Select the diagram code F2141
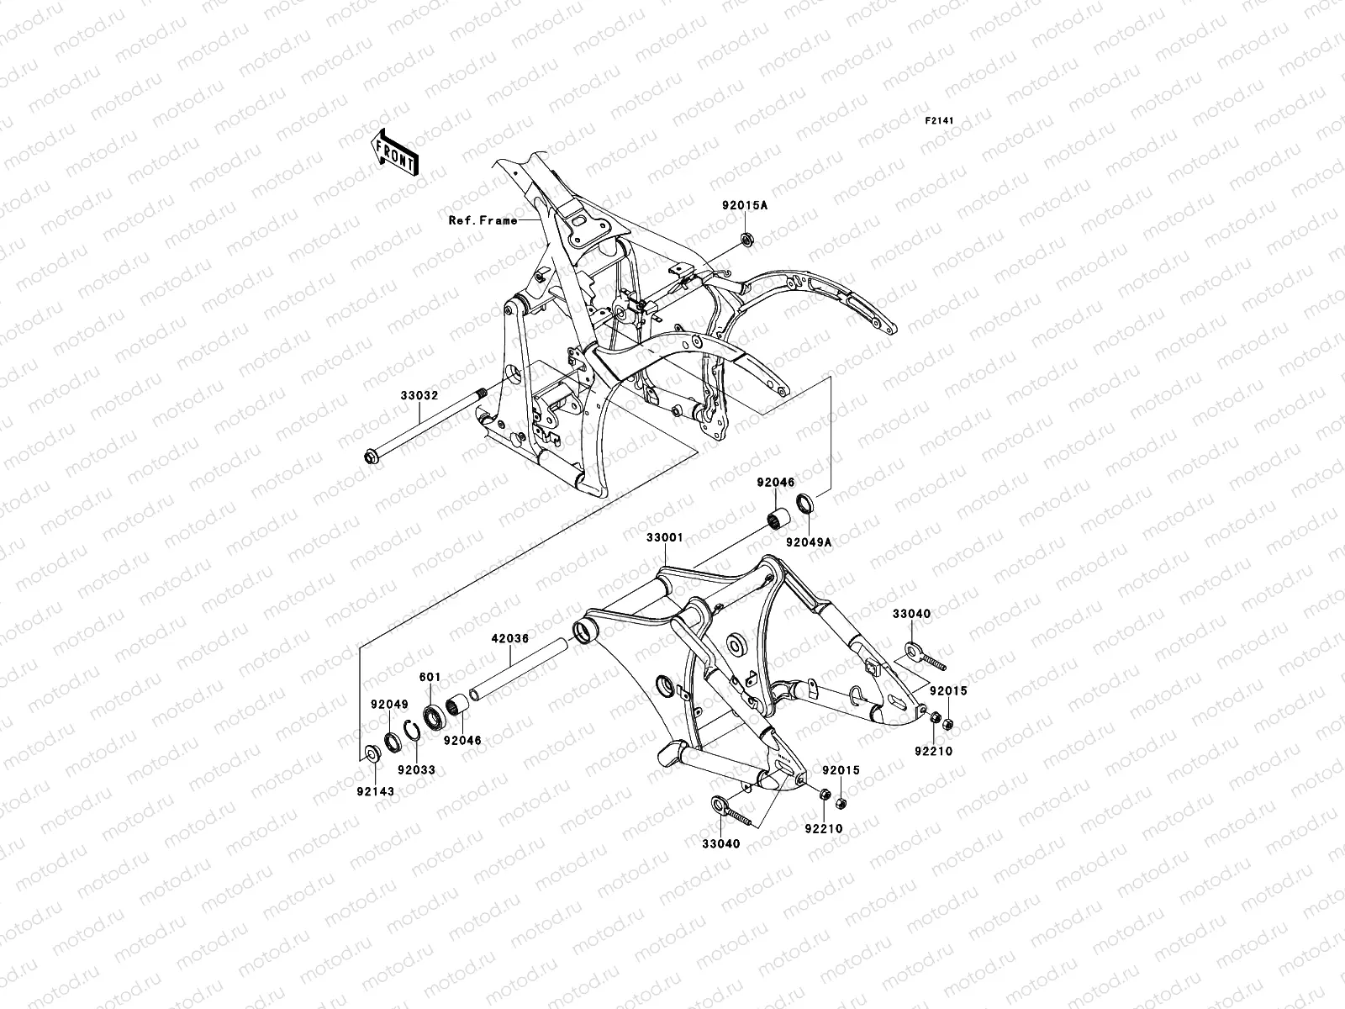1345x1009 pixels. (941, 121)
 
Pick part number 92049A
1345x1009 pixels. (809, 542)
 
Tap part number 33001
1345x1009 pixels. (665, 536)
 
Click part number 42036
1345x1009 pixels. (510, 638)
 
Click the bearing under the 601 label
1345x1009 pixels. (435, 718)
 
